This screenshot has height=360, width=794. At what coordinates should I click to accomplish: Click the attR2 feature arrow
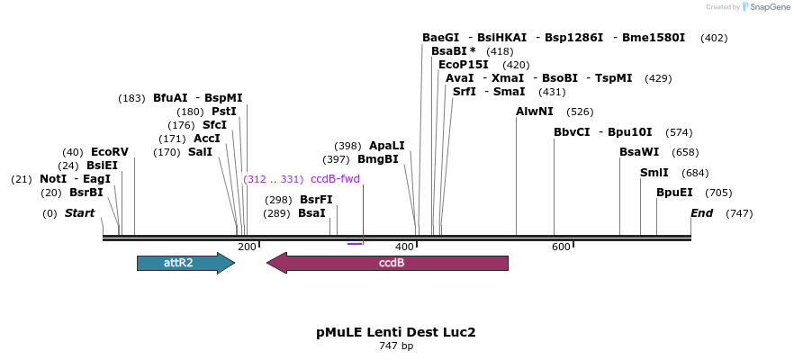pyautogui.click(x=185, y=263)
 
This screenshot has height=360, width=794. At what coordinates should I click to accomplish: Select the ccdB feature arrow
pyautogui.click(x=387, y=263)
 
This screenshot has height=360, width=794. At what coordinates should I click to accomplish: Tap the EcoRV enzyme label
pyautogui.click(x=110, y=152)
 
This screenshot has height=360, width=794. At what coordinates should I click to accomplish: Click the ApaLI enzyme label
pyautogui.click(x=387, y=146)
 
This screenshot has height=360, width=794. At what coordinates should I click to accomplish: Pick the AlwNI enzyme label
pyautogui.click(x=535, y=112)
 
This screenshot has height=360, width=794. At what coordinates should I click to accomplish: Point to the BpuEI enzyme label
pyautogui.click(x=674, y=193)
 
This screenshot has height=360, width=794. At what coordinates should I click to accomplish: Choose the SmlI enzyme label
pyautogui.click(x=654, y=173)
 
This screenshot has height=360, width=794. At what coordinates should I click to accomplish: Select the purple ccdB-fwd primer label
pyautogui.click(x=335, y=179)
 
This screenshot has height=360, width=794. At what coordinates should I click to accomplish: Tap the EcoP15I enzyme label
pyautogui.click(x=464, y=65)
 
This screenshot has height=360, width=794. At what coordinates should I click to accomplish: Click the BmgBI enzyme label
pyautogui.click(x=378, y=159)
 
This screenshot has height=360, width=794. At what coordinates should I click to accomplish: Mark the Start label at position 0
pyautogui.click(x=79, y=213)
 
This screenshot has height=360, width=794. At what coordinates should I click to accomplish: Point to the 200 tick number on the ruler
pyautogui.click(x=247, y=247)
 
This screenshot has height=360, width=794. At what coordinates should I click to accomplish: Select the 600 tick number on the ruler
pyautogui.click(x=561, y=247)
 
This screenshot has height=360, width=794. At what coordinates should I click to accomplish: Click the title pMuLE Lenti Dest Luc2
pyautogui.click(x=396, y=331)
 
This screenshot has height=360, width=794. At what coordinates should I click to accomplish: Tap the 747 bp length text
pyautogui.click(x=396, y=346)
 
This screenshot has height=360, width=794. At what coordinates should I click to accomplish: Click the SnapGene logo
pyautogui.click(x=765, y=7)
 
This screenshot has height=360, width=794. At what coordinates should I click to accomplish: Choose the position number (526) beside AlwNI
pyautogui.click(x=580, y=112)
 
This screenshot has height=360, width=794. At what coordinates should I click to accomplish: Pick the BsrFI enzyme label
pyautogui.click(x=316, y=200)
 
